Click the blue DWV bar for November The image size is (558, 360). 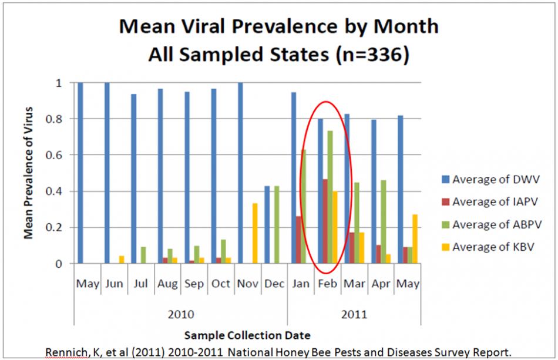[240, 173]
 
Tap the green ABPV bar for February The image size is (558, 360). [330, 197]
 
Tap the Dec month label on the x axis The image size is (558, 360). [274, 284]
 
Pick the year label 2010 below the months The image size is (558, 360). [181, 314]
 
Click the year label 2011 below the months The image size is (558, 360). [354, 314]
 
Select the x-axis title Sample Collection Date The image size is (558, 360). [247, 335]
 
